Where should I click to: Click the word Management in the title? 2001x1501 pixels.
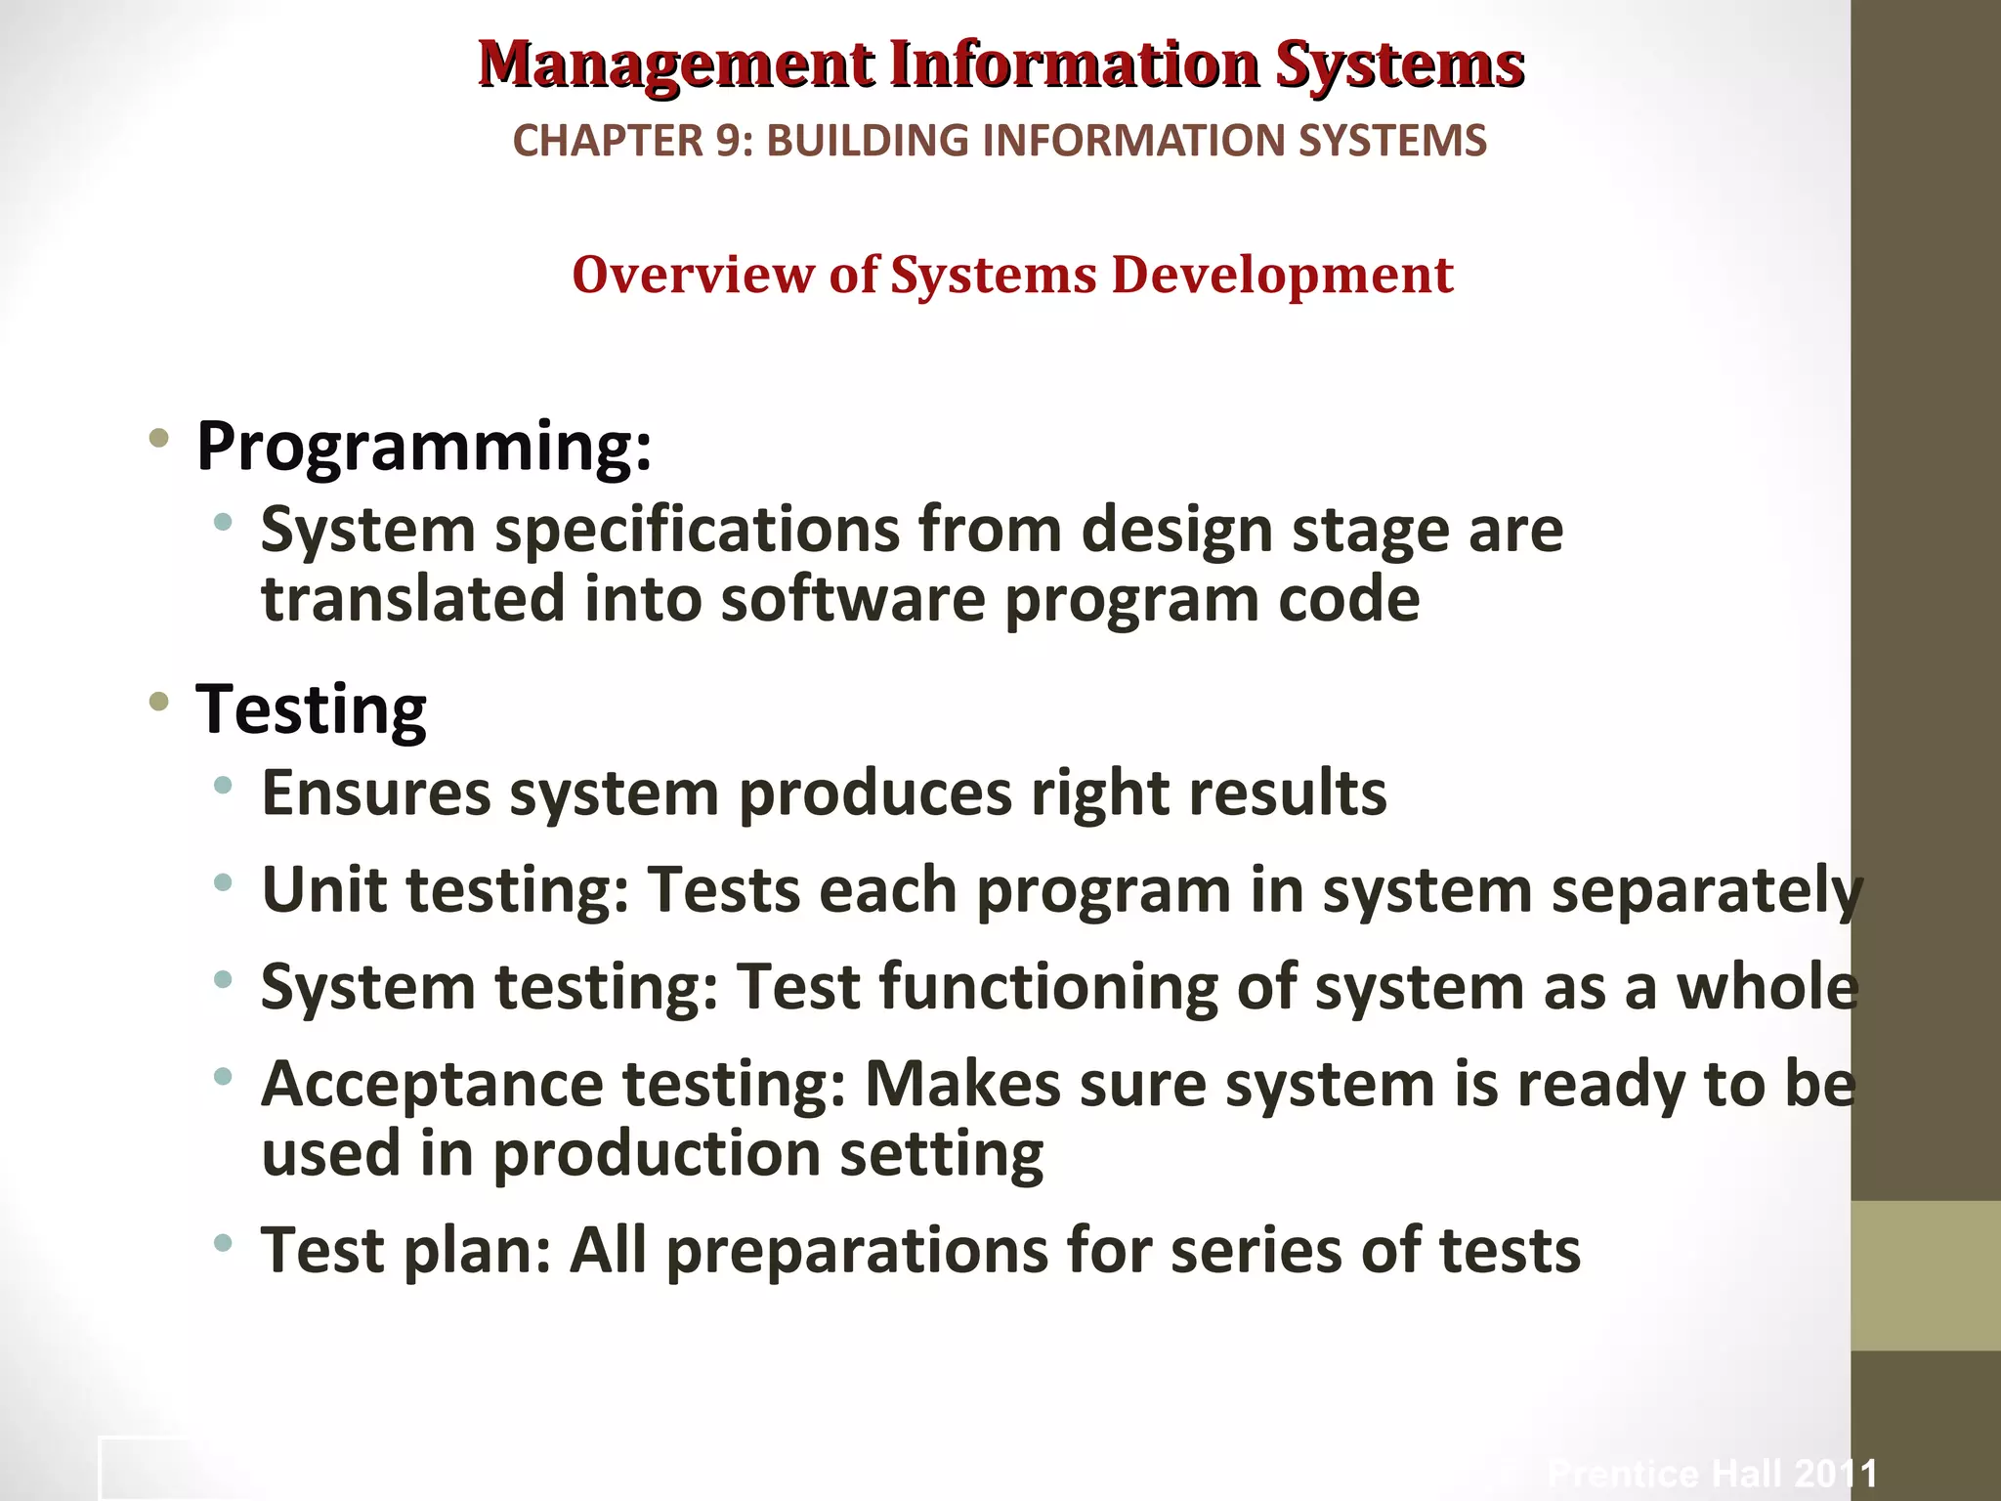676,64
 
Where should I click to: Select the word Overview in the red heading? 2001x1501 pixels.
693,275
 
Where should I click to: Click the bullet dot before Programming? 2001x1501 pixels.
158,439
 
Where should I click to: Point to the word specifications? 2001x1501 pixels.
697,531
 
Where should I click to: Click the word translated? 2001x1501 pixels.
413,598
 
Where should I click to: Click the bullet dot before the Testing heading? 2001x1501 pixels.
158,702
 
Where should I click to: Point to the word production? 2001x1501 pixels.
656,1154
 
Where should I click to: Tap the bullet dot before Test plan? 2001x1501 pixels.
224,1243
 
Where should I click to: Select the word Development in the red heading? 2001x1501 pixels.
1282,275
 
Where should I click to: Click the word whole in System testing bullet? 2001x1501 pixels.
1767,987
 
